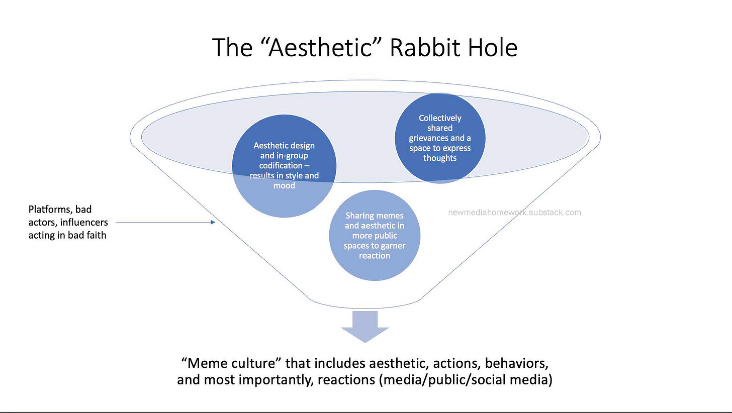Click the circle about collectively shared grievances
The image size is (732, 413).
click(x=440, y=138)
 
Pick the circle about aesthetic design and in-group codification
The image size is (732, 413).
click(x=284, y=166)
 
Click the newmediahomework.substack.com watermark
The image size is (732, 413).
click(x=514, y=213)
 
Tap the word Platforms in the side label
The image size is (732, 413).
click(x=49, y=210)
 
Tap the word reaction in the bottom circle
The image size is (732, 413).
click(x=375, y=256)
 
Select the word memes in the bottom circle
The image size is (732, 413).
click(x=389, y=216)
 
